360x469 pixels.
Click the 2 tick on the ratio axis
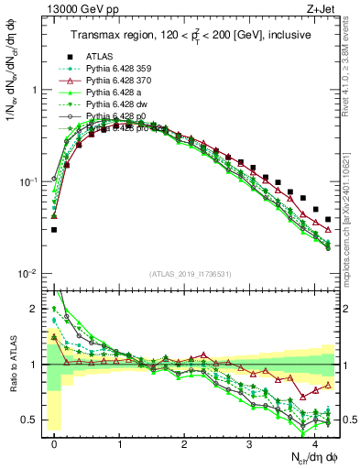(x=37, y=309)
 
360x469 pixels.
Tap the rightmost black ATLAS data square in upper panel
(x=328, y=220)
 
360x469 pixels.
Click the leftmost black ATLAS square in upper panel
(x=54, y=230)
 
